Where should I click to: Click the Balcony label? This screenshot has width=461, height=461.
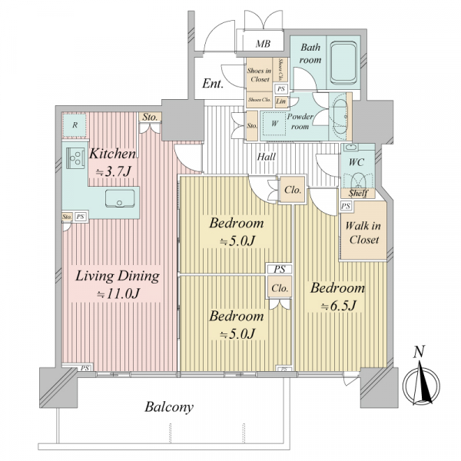[x=169, y=407]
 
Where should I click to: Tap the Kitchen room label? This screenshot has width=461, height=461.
[x=112, y=154]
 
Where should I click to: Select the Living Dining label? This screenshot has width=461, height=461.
[x=118, y=277]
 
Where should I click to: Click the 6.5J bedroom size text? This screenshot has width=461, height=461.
[x=338, y=306]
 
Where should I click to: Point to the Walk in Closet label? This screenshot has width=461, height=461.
[x=363, y=233]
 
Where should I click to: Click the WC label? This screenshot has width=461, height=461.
[x=356, y=162]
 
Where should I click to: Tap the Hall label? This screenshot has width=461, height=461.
[x=267, y=157]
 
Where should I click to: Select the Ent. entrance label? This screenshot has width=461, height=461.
[x=213, y=84]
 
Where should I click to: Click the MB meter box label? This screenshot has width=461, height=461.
[x=263, y=44]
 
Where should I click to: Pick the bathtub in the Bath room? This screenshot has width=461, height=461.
[x=343, y=63]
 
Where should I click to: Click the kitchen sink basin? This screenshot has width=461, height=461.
[x=120, y=198]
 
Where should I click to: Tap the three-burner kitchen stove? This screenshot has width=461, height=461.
[x=75, y=158]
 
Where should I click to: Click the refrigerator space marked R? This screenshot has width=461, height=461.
[x=75, y=125]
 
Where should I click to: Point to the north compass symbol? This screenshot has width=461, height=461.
[x=421, y=385]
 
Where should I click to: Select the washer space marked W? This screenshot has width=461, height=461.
[x=274, y=124]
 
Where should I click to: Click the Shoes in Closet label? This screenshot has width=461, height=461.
[x=260, y=75]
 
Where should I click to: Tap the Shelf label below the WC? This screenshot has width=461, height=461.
[x=358, y=193]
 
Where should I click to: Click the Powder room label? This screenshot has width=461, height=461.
[x=300, y=121]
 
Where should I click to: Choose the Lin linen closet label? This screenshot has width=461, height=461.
[x=280, y=101]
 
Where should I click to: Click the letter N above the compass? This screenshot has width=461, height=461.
[x=419, y=352]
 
